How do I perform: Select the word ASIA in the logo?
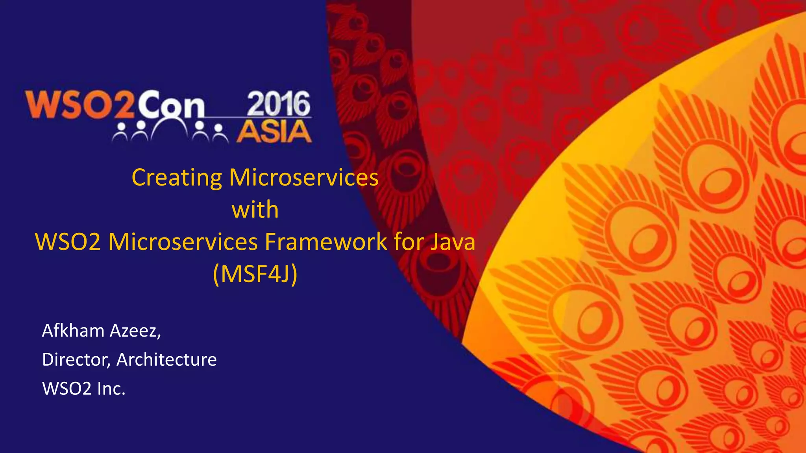coord(274,132)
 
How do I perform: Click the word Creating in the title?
coord(177,178)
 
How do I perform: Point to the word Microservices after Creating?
coord(303,178)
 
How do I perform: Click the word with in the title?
coord(255,210)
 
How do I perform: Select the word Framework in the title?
coord(326,242)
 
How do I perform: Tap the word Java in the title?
coord(453,242)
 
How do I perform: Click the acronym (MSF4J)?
coord(255,274)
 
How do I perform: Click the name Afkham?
coord(73,331)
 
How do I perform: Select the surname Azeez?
coord(135,331)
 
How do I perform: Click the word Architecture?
coord(166,360)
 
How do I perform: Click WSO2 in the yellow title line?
coord(68,242)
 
